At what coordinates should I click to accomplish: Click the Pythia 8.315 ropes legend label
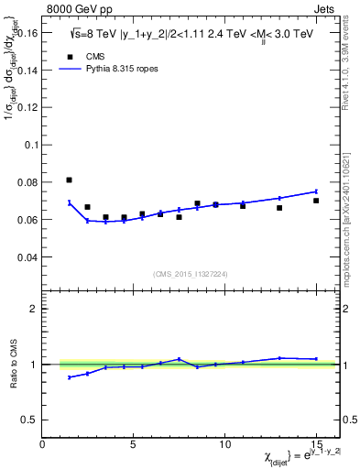pyautogui.click(x=118, y=68)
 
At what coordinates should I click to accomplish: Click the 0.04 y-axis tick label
pyautogui.click(x=28, y=256)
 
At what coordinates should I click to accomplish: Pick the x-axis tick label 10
pyautogui.click(x=224, y=444)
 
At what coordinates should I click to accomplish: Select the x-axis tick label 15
pyautogui.click(x=315, y=444)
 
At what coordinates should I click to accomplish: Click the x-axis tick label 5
pyautogui.click(x=134, y=444)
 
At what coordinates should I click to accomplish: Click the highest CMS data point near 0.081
pyautogui.click(x=69, y=180)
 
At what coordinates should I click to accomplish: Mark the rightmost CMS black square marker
pyautogui.click(x=316, y=201)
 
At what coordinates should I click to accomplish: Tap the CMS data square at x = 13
pyautogui.click(x=279, y=208)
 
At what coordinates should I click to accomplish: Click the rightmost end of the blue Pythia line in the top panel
pyautogui.click(x=316, y=191)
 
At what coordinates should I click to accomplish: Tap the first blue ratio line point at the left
pyautogui.click(x=69, y=377)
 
